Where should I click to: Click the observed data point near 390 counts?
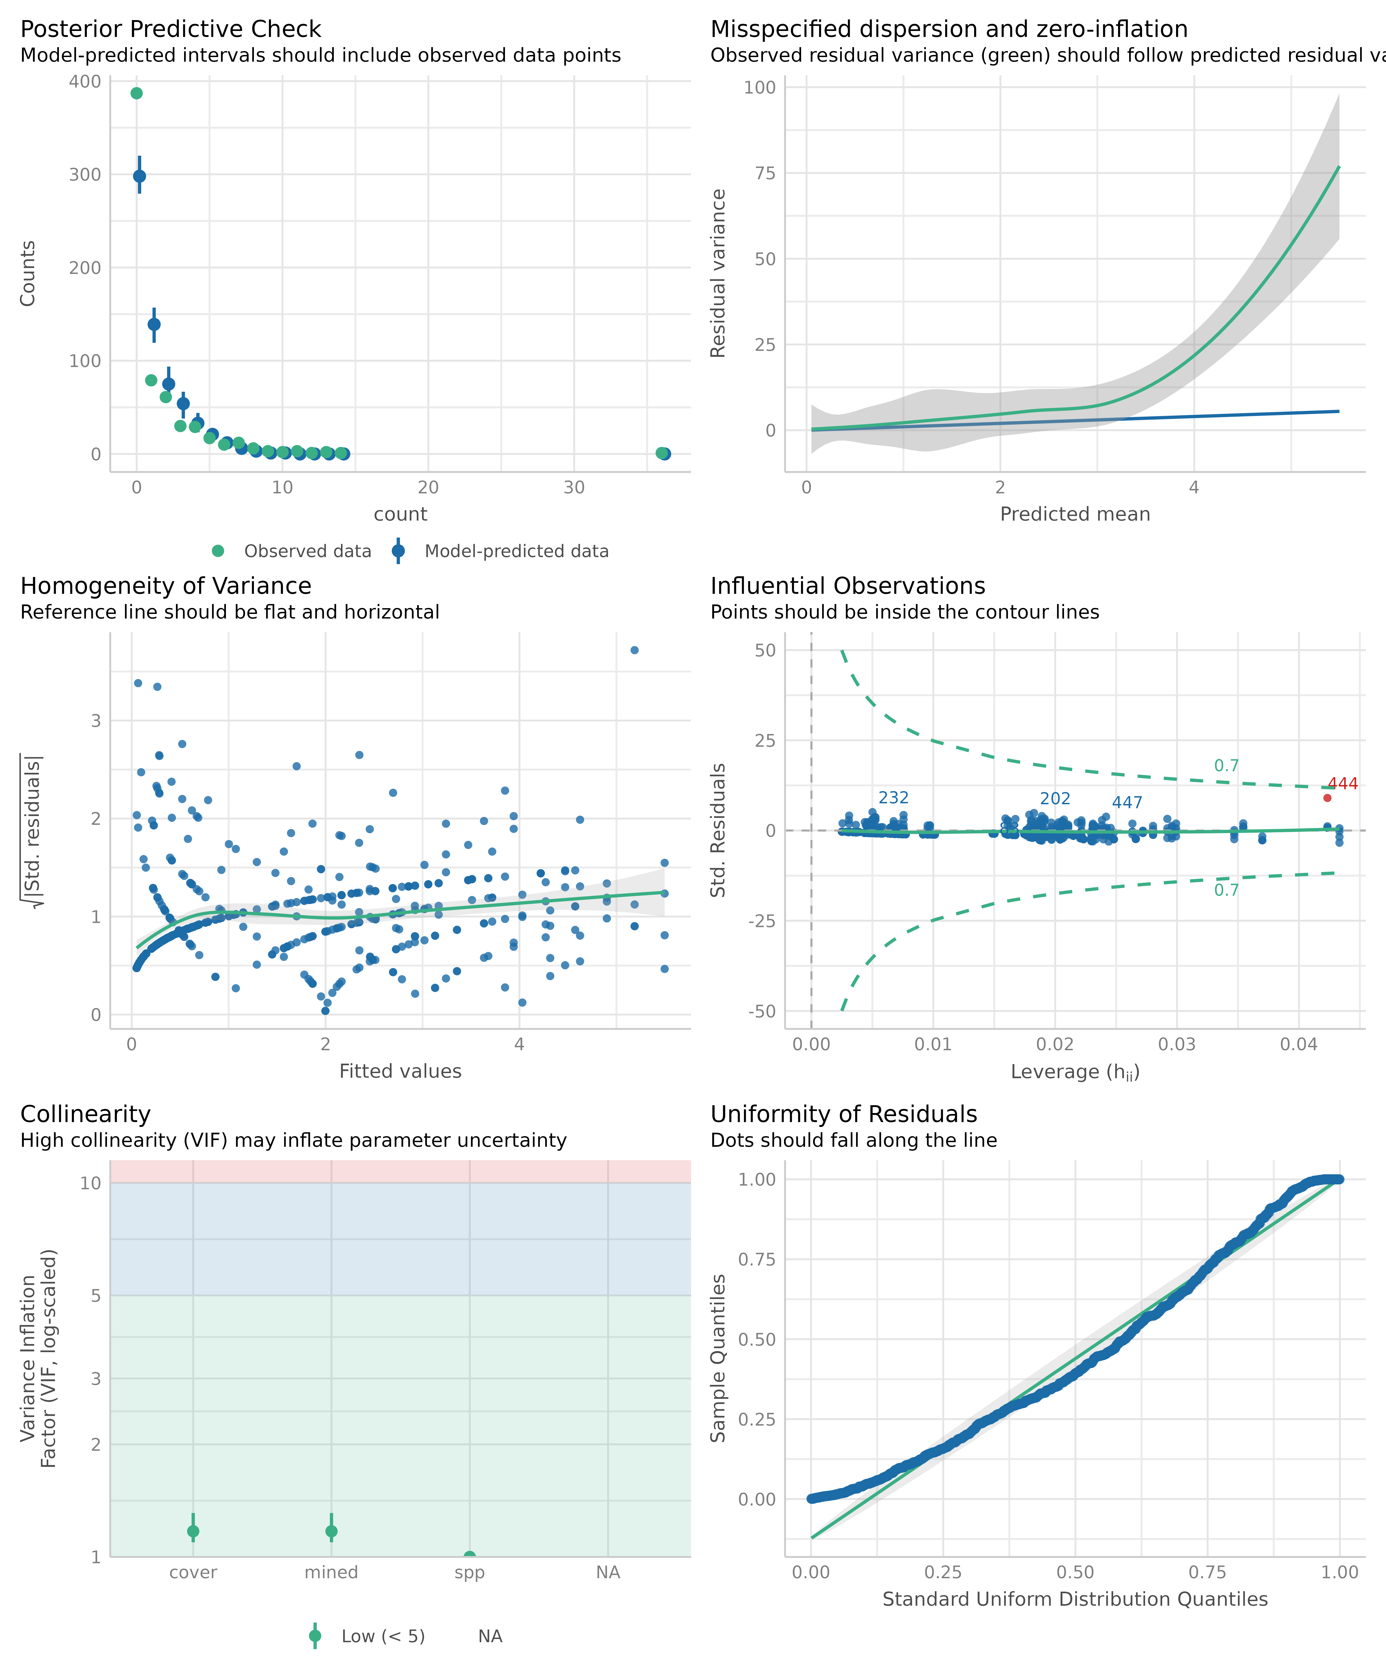click(x=136, y=94)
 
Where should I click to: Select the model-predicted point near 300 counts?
click(x=139, y=176)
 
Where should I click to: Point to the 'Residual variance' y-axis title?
click(x=718, y=273)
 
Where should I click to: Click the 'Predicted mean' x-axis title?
click(x=1075, y=514)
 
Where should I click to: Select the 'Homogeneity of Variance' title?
click(x=166, y=586)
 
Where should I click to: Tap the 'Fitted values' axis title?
click(x=400, y=1071)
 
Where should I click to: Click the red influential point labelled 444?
click(x=1327, y=798)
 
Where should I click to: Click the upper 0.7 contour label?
click(x=1226, y=766)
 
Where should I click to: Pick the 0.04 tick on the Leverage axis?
click(x=1299, y=1044)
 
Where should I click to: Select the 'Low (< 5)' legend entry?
click(x=383, y=1636)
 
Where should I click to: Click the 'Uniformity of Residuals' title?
click(x=843, y=1114)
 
